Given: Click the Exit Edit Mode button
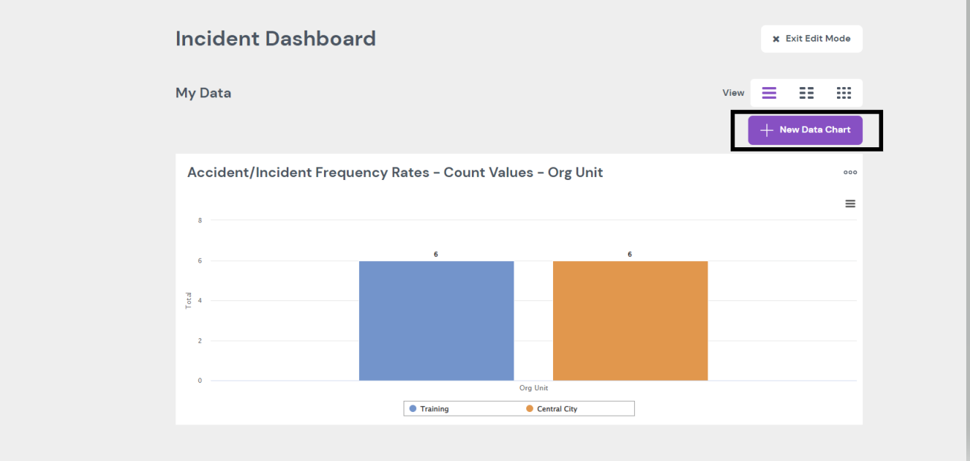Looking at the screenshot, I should (812, 39).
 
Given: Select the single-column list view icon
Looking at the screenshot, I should (769, 93).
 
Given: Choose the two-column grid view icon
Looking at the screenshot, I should (806, 93).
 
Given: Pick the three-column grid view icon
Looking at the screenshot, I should (844, 93).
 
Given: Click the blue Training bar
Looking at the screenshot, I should (436, 320).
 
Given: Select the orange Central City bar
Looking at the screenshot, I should (630, 320).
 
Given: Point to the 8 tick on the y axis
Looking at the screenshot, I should (200, 220).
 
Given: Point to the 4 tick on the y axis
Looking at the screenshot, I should (200, 300).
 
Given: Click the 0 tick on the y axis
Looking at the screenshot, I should (200, 381).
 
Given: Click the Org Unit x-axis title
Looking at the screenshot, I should (534, 388).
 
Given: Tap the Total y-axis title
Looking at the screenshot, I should (189, 300).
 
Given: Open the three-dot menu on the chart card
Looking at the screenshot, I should (850, 173).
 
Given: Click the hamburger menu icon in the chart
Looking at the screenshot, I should (850, 204).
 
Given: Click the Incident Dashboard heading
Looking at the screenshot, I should (276, 39).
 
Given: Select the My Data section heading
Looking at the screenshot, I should (203, 93).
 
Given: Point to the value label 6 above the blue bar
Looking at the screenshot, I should (436, 254).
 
